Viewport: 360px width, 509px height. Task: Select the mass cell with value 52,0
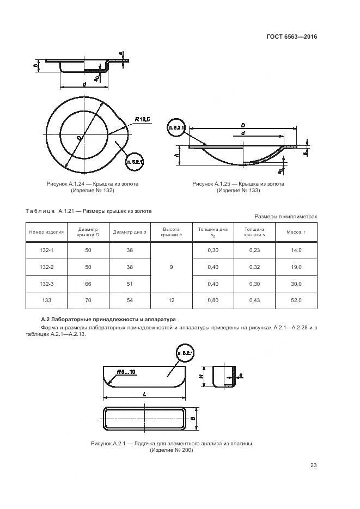coord(296,301)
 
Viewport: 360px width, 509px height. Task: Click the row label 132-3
coord(46,284)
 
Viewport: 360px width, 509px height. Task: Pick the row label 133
coord(46,301)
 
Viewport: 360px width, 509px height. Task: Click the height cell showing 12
coord(171,301)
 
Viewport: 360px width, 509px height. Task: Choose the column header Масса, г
coord(296,232)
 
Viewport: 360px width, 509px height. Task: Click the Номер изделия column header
coord(46,232)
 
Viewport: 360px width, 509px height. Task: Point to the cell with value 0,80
coord(213,301)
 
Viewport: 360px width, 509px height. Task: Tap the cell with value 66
coord(88,284)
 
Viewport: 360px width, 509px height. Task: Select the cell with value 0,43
coord(254,301)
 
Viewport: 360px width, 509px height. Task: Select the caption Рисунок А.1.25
coord(238,184)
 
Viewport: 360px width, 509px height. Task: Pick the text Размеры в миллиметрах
coord(285,217)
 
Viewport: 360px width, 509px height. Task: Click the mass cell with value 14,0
coord(296,250)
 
